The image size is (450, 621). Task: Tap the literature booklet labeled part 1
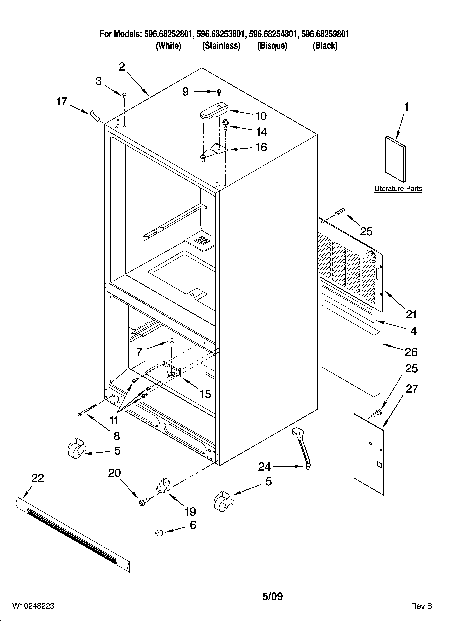click(x=395, y=159)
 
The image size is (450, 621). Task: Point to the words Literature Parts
click(x=398, y=189)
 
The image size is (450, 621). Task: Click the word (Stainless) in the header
click(x=221, y=46)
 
